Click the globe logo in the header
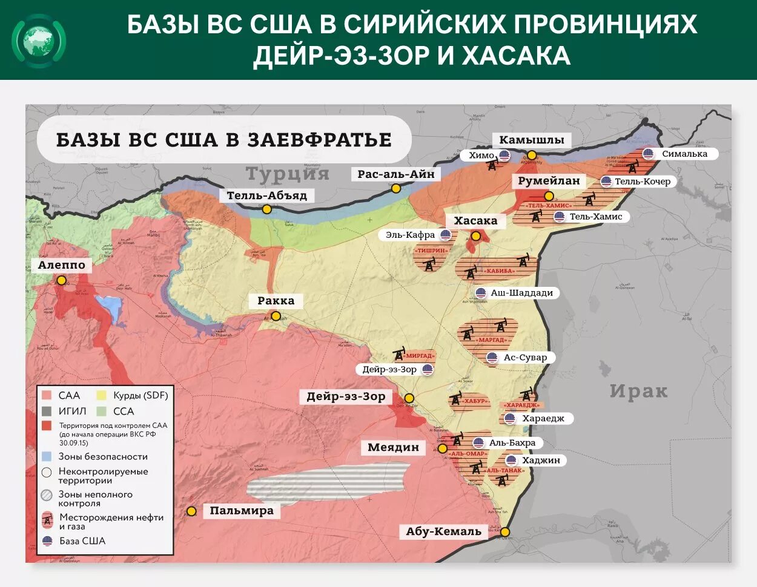39,41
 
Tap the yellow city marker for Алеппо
61,280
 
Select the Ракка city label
276,301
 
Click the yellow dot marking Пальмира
191,511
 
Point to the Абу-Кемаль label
443,531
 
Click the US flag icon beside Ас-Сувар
492,358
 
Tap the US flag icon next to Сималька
649,154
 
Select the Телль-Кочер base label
643,182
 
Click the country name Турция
287,174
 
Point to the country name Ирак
638,392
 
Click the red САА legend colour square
47,396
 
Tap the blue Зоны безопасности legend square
47,457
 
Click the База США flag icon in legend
47,541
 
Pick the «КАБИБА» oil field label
500,271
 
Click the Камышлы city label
531,140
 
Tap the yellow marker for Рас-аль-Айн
396,188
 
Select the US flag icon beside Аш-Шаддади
480,293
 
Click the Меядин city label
393,447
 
